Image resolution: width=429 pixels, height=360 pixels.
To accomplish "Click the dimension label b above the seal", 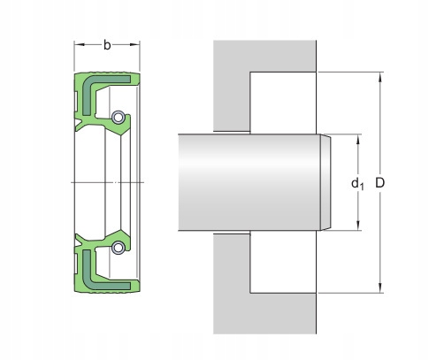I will tap(107, 44).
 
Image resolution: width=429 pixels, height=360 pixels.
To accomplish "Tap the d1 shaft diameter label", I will tap(356, 184).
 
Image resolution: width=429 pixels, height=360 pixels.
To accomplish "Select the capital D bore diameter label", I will tap(380, 182).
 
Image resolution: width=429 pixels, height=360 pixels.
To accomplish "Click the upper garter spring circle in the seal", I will tap(117, 115).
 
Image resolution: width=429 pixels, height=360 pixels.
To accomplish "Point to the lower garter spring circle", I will tap(117, 247).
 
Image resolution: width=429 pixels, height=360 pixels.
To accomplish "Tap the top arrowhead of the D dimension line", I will tap(380, 75).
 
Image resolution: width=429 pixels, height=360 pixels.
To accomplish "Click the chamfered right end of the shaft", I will tap(325, 181).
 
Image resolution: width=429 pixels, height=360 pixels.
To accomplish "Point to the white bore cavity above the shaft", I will tap(283, 102).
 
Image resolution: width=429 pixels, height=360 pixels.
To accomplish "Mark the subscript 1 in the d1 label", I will tap(361, 187).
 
